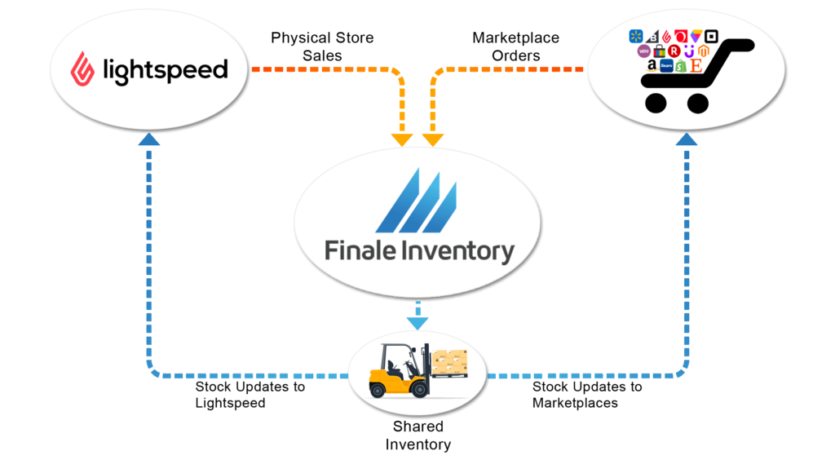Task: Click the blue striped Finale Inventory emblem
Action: tap(417, 201)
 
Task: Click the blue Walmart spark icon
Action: tap(636, 37)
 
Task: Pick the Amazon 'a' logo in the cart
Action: tap(652, 66)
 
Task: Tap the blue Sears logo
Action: tap(666, 66)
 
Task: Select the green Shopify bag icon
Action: tap(681, 66)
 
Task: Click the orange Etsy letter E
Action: tap(696, 65)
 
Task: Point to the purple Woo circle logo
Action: tap(644, 51)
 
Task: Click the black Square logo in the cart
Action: tap(710, 37)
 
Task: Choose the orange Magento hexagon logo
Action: tap(703, 51)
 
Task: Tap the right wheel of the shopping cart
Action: tap(697, 103)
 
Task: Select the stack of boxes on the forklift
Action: tap(450, 363)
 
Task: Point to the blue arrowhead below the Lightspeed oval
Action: tap(148, 139)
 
